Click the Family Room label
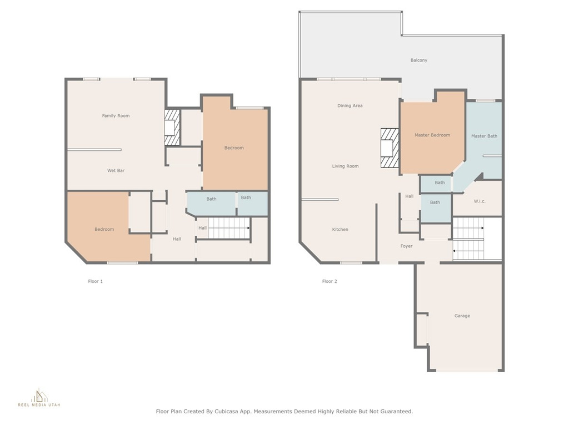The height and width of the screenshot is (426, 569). (x=116, y=115)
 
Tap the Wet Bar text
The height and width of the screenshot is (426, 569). (x=116, y=170)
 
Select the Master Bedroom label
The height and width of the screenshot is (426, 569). (x=432, y=135)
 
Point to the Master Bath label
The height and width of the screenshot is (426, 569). (x=484, y=136)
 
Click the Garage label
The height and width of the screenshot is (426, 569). (x=462, y=316)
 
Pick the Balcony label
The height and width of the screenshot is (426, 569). (x=419, y=60)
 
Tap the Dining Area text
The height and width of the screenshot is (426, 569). (x=350, y=106)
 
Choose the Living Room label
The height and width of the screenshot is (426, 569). (x=345, y=166)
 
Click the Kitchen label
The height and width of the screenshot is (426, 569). (x=340, y=229)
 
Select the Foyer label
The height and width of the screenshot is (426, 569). (x=406, y=246)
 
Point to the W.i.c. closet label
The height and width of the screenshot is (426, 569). (x=480, y=201)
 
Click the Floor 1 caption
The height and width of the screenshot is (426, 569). (x=96, y=281)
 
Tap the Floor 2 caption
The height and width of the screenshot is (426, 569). (x=330, y=281)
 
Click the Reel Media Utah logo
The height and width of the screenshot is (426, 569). (x=39, y=398)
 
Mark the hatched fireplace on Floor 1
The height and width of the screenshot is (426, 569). (x=172, y=128)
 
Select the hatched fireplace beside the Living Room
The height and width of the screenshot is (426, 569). (x=390, y=148)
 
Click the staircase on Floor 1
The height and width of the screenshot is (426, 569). (x=228, y=228)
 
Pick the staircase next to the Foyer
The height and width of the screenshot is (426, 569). (x=468, y=239)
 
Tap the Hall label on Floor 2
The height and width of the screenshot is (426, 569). (x=410, y=196)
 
